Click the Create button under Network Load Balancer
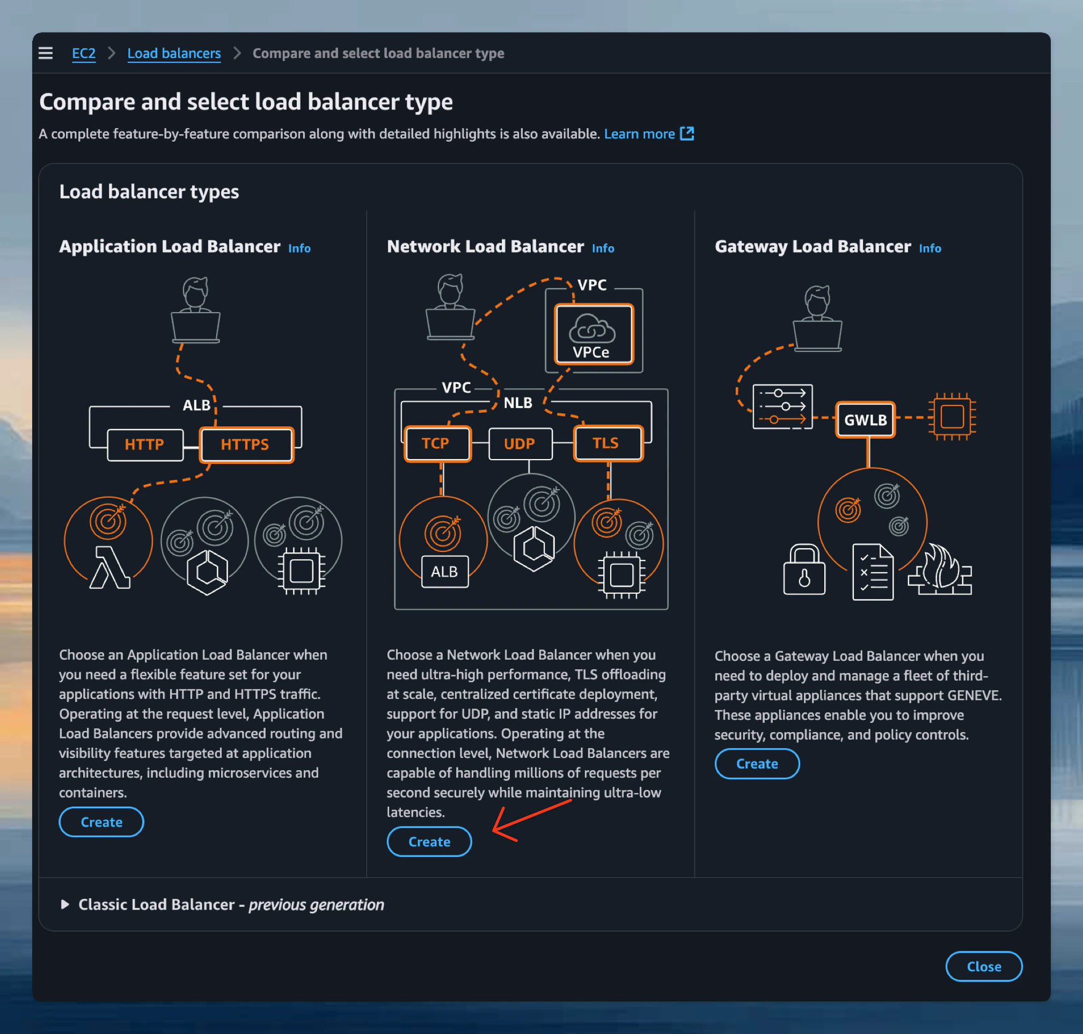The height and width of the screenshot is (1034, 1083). (x=429, y=841)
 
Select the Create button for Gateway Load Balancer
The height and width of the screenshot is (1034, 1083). (x=757, y=763)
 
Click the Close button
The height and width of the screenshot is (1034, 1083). (x=983, y=966)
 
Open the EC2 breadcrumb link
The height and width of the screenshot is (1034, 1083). (x=84, y=54)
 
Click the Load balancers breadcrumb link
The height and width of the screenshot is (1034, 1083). (x=174, y=54)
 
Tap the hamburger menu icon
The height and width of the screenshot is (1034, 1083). (x=46, y=53)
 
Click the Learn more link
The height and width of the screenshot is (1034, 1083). (x=639, y=134)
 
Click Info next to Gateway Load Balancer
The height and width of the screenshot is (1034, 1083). (x=930, y=249)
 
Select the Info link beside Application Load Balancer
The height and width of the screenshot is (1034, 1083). (x=299, y=249)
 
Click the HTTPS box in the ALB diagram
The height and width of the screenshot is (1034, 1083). (x=246, y=444)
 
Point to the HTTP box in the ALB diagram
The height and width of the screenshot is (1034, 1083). (x=144, y=444)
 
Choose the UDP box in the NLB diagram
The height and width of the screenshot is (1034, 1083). (x=519, y=444)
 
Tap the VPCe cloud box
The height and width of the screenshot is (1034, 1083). (x=594, y=335)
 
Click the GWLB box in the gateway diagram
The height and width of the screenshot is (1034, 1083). (x=865, y=420)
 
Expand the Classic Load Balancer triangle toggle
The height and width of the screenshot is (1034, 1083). (x=65, y=904)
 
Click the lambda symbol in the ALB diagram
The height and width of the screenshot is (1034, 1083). (x=109, y=568)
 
